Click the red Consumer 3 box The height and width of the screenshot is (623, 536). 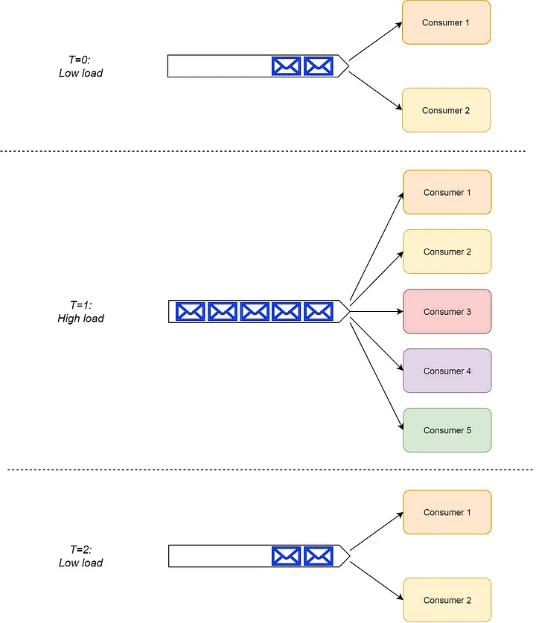click(447, 311)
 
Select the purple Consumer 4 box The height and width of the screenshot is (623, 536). click(447, 371)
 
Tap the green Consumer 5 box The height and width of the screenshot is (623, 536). click(447, 430)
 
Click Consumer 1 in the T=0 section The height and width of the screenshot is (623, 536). click(446, 22)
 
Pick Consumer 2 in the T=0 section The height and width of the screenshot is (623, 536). click(446, 110)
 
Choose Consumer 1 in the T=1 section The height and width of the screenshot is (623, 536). click(447, 192)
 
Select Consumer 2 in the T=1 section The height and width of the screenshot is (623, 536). click(447, 252)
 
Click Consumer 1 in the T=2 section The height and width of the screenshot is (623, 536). click(447, 512)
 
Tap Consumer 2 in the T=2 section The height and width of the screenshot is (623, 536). click(447, 600)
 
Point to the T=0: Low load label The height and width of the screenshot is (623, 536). click(80, 66)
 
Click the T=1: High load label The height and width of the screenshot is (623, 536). click(80, 311)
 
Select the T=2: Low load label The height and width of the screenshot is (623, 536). click(80, 556)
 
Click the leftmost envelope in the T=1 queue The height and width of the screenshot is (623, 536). click(191, 311)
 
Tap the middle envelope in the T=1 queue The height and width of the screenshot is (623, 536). click(255, 311)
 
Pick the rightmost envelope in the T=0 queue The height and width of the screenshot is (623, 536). click(319, 66)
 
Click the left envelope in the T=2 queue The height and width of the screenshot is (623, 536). click(286, 556)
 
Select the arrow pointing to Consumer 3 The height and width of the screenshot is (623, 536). click(377, 311)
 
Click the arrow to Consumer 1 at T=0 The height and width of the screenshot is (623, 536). click(375, 42)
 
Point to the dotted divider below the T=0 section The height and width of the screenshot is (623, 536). click(263, 151)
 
